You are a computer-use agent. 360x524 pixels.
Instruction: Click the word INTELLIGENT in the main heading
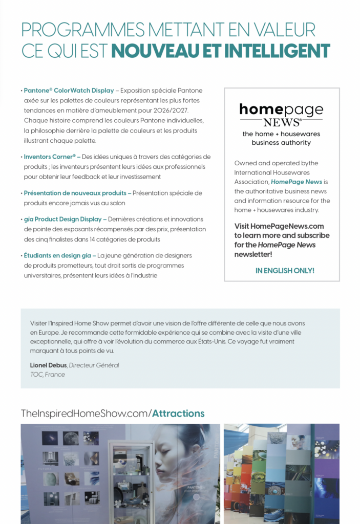(x=277, y=51)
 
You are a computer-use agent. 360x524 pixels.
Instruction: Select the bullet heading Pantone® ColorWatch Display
(x=69, y=91)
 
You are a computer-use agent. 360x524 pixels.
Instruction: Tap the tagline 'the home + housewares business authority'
(x=281, y=138)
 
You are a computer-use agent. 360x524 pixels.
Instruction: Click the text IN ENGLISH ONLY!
(x=285, y=271)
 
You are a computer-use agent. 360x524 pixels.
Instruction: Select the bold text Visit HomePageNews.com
(x=279, y=226)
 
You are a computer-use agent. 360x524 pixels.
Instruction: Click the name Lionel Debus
(x=48, y=365)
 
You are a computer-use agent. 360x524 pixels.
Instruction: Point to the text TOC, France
(x=48, y=375)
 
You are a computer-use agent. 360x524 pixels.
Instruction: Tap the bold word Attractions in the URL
(x=178, y=413)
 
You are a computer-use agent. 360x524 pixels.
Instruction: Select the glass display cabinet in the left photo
(x=132, y=481)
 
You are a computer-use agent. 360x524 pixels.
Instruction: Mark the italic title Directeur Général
(x=94, y=365)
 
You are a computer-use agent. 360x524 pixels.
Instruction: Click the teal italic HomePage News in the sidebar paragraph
(x=297, y=182)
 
